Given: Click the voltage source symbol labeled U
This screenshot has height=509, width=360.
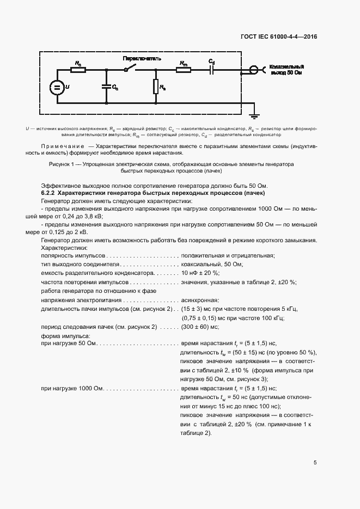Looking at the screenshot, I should (57, 87).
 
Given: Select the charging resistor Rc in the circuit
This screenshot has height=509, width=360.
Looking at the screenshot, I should (79, 70).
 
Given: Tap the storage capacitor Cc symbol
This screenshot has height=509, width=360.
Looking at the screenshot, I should (106, 86).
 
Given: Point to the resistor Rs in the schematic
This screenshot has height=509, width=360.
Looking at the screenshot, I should (156, 86).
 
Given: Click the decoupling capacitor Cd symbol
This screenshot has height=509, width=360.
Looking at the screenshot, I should (212, 70).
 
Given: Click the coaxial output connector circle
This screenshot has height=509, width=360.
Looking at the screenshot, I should (253, 70).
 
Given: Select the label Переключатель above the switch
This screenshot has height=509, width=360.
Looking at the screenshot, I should (142, 58).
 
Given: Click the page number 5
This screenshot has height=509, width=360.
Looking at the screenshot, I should (315, 463).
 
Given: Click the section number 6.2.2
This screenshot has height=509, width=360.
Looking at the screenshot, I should (48, 193).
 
